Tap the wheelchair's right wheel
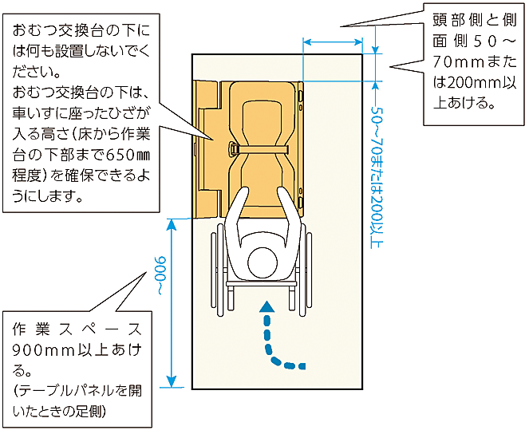click(x=306, y=268)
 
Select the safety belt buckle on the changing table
click(x=232, y=148)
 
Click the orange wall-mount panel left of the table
click(x=206, y=148)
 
